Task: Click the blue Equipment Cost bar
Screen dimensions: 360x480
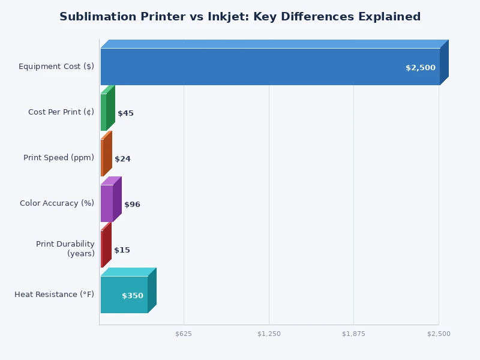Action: [x=270, y=67]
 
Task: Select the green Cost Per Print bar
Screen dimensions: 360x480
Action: [x=104, y=112]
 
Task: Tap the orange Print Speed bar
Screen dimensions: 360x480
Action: [x=103, y=158]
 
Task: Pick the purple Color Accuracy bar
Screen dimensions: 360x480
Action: [x=107, y=203]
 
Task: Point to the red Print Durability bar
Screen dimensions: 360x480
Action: [x=103, y=249]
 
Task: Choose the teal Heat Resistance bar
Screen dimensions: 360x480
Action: [x=124, y=295]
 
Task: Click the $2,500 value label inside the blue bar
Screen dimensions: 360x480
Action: [x=420, y=68]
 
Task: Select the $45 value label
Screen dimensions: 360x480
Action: [x=125, y=113]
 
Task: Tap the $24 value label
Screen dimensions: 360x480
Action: [x=122, y=159]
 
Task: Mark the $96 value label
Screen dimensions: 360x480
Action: [x=132, y=205]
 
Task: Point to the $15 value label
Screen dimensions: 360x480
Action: [x=122, y=250]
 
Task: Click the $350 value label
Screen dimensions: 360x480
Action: [x=133, y=296]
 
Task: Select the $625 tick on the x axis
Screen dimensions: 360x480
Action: [x=184, y=334]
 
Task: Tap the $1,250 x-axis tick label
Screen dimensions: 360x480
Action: [x=269, y=334]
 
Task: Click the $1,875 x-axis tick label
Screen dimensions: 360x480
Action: [x=353, y=334]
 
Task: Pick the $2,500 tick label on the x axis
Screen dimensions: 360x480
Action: [x=439, y=334]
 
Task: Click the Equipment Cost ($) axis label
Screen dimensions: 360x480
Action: [x=56, y=67]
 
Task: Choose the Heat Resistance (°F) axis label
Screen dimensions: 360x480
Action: [x=55, y=295]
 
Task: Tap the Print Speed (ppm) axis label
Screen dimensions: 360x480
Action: [x=59, y=158]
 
